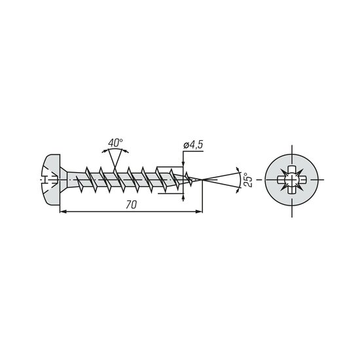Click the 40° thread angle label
pos(115,143)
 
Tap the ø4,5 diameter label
pos(193,145)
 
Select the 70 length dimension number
pos(131,205)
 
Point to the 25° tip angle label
pos(248,180)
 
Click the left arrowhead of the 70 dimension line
pos(63,212)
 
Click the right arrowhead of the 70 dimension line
pos(199,212)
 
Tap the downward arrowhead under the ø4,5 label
pos(183,163)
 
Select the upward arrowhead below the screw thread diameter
pos(183,197)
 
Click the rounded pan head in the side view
pos(52,179)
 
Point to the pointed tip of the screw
pos(202,179)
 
